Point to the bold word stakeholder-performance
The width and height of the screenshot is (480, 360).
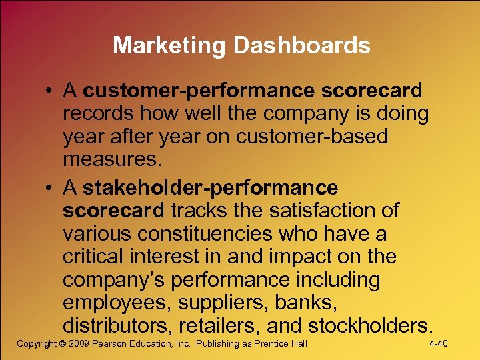point(210,188)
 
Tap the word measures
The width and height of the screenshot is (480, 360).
point(111,160)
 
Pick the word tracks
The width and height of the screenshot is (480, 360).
point(199,211)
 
